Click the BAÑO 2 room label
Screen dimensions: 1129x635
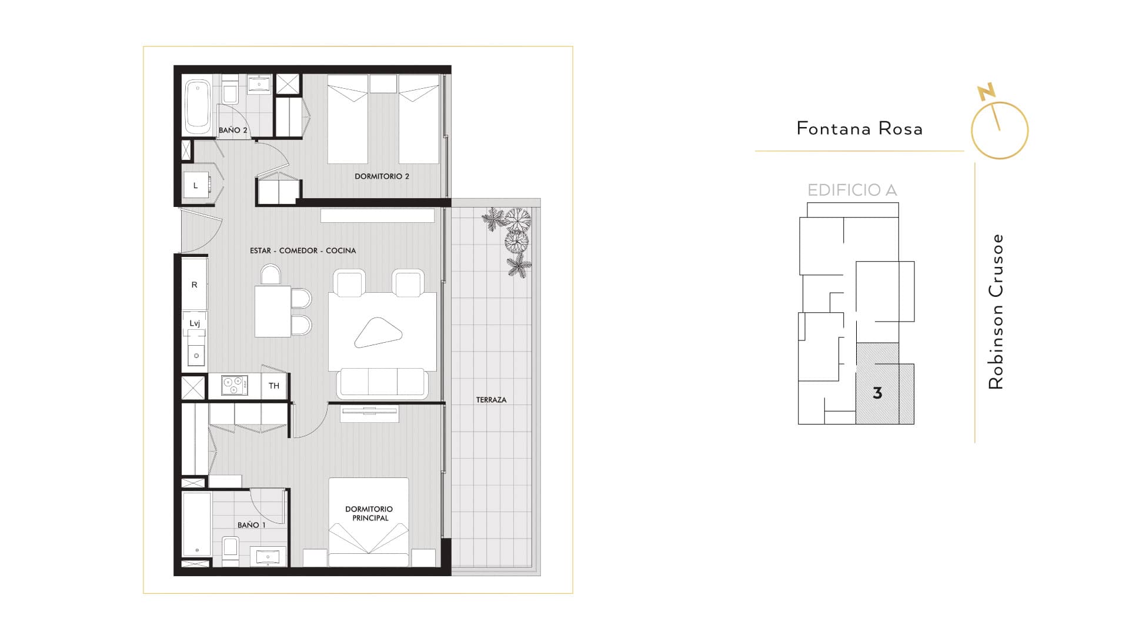[233, 130]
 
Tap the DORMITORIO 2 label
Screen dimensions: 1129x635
[382, 176]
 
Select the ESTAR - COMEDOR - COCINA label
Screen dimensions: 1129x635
[303, 250]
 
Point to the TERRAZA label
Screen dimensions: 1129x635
[491, 400]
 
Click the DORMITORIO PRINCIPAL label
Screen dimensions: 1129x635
[369, 513]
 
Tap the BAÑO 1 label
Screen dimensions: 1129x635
[252, 525]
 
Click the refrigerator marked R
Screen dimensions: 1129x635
[194, 285]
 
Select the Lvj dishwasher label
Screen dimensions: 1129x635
[195, 323]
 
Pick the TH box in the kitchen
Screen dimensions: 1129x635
[274, 386]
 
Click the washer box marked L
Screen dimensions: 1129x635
[196, 186]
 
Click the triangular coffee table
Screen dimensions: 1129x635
[378, 332]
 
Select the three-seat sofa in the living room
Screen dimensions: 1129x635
[382, 383]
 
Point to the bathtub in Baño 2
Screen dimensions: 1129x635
[198, 106]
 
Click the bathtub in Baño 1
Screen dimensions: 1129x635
[196, 524]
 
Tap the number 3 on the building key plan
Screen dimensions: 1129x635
[877, 393]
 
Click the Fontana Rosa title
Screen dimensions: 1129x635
[860, 129]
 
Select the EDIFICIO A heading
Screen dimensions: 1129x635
[852, 190]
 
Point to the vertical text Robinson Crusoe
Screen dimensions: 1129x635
[996, 312]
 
